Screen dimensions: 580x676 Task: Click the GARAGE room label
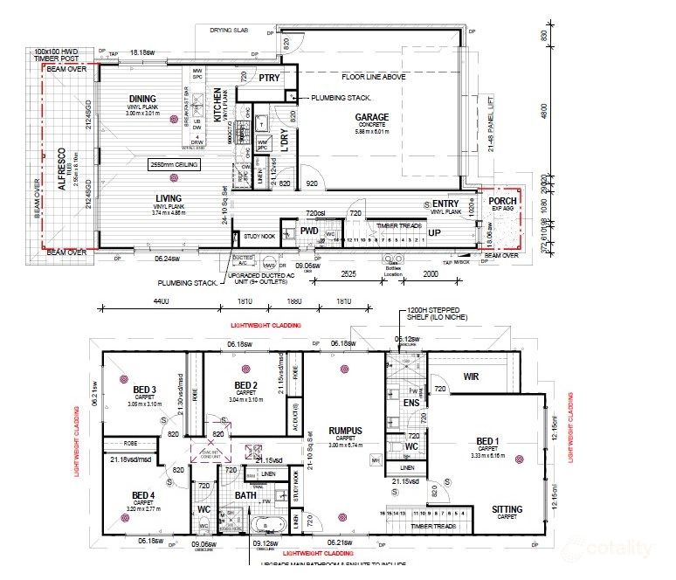click(x=371, y=117)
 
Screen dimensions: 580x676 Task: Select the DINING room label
click(x=142, y=99)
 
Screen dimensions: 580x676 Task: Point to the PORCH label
click(x=502, y=202)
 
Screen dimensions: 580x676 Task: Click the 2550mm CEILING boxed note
click(x=176, y=164)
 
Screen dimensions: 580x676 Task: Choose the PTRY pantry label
click(x=268, y=79)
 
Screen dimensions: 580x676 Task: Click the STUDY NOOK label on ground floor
click(x=259, y=236)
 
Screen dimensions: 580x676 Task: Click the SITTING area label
click(x=507, y=509)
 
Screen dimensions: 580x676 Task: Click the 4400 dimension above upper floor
click(x=161, y=301)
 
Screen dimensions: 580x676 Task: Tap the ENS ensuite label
click(x=410, y=403)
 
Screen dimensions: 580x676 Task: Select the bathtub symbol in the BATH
click(x=263, y=526)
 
